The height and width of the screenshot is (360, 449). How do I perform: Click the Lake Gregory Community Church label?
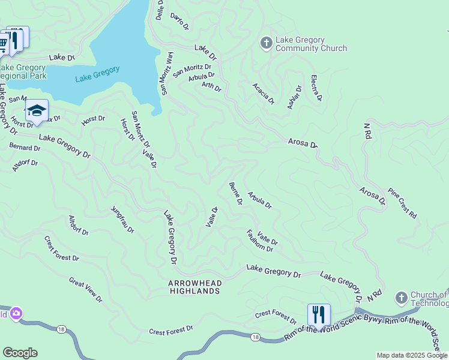point(311,44)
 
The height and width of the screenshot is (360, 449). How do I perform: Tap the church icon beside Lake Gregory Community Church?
point(266,43)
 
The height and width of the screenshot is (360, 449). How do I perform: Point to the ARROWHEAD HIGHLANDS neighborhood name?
point(194,287)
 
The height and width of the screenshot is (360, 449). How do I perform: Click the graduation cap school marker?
point(37,110)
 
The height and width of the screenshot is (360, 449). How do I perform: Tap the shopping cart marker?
point(4,43)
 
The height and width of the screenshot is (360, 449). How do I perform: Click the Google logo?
point(20,353)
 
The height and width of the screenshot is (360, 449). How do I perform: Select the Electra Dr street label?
point(316,88)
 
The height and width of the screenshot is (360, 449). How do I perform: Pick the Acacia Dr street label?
point(263,92)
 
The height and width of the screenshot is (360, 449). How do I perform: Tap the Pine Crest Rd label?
point(402,203)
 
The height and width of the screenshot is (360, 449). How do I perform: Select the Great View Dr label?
point(85,290)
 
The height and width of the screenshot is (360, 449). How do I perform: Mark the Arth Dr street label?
point(211,87)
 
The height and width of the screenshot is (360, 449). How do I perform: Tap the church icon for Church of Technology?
point(402,298)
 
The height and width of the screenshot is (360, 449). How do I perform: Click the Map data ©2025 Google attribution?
point(412,355)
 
